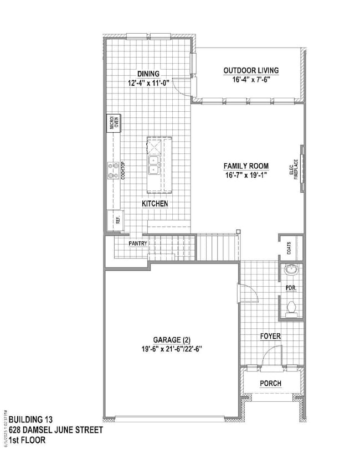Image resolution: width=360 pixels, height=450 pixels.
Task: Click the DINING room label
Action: [x=148, y=74]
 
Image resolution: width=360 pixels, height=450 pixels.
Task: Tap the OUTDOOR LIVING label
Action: [x=251, y=70]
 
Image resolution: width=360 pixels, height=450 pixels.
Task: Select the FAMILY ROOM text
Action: [x=246, y=165]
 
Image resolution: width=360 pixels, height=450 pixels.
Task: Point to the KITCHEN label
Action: [x=155, y=204]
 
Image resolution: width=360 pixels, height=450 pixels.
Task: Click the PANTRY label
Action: [x=138, y=243]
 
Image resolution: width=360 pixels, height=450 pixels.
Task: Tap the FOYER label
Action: [x=270, y=336]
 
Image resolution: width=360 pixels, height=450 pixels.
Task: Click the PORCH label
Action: [x=270, y=384]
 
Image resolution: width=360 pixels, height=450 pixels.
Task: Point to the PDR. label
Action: [x=290, y=289]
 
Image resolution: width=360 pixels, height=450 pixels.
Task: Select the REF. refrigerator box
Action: [x=116, y=220]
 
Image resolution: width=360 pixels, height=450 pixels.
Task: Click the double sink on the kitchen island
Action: [x=155, y=164]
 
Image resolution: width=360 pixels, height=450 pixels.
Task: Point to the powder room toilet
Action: [x=292, y=308]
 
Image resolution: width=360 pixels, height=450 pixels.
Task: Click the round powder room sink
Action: [x=291, y=272]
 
